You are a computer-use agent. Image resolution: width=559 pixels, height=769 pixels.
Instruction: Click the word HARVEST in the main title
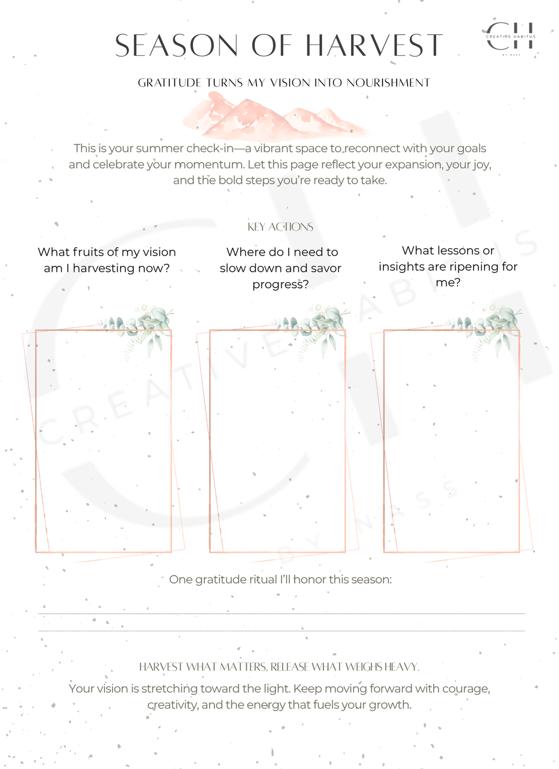(x=373, y=45)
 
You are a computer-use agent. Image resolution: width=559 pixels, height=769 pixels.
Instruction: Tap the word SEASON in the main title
(x=177, y=45)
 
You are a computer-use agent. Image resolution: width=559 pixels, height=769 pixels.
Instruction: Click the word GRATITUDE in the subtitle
(x=169, y=83)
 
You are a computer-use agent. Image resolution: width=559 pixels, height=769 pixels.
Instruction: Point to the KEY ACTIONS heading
(x=280, y=227)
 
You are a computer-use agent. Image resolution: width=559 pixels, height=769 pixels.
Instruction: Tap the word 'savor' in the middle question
(x=325, y=268)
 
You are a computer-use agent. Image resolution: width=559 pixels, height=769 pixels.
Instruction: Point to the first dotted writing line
(x=281, y=614)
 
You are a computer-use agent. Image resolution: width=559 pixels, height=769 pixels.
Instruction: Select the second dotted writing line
(x=281, y=631)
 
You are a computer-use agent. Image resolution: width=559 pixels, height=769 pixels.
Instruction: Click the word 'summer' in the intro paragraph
(x=160, y=148)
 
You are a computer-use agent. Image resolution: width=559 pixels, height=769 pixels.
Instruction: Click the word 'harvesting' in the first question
(x=103, y=268)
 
